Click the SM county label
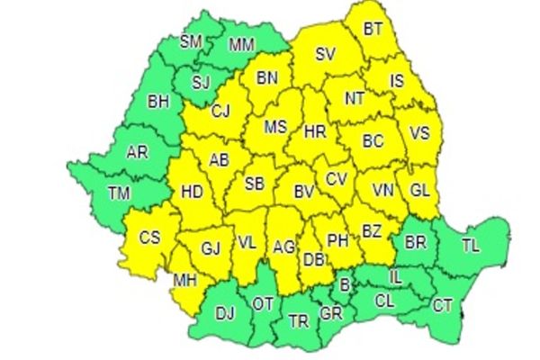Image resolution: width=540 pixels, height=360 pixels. pyautogui.click(x=191, y=41)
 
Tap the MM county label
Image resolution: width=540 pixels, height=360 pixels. pyautogui.click(x=240, y=43)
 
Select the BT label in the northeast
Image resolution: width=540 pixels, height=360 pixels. pyautogui.click(x=373, y=29)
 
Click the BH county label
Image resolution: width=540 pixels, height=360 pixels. pyautogui.click(x=158, y=103)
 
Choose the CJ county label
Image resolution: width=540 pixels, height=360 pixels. pyautogui.click(x=220, y=112)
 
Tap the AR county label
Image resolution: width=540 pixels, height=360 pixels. pyautogui.click(x=138, y=153)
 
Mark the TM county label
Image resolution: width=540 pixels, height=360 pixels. pyautogui.click(x=118, y=192)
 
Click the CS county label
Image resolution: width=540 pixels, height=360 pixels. pyautogui.click(x=150, y=238)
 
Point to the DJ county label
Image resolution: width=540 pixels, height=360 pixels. pyautogui.click(x=225, y=314)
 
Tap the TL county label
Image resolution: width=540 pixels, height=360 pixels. pyautogui.click(x=472, y=244)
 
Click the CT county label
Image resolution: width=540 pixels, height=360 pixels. pyautogui.click(x=443, y=306)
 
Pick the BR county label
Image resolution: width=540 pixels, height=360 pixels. pyautogui.click(x=416, y=243)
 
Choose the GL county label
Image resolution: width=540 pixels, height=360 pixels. pyautogui.click(x=419, y=191)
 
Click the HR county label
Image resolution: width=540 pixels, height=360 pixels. pyautogui.click(x=315, y=131)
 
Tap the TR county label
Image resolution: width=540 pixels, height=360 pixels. pyautogui.click(x=298, y=320)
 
